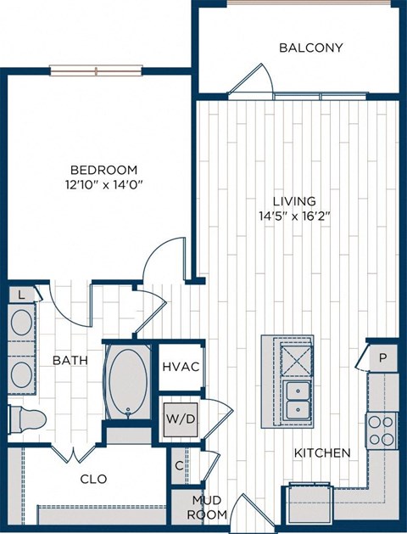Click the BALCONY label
pos(311,48)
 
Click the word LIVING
pos(294,200)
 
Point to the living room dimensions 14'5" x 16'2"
pos(294,216)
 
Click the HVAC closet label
pos(181,367)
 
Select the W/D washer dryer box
pos(181,419)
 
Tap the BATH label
pos(71,361)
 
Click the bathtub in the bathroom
pos(128,382)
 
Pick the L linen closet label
pos(20,295)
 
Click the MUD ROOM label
pos(207,508)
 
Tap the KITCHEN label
pos(321,453)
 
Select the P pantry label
pos(382,358)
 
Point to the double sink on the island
pos(298,401)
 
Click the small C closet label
pos(179,465)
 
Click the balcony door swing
pos(253,82)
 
